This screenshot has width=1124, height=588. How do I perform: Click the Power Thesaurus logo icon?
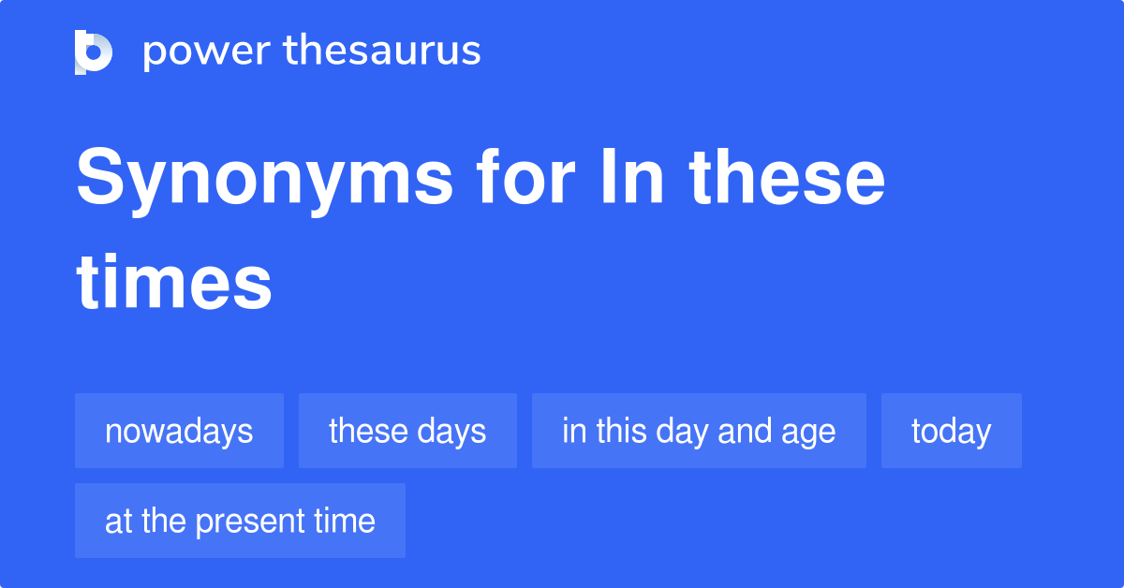point(94,51)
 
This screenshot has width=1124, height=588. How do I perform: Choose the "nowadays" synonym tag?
point(179,431)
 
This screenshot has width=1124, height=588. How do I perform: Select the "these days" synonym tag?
point(407,431)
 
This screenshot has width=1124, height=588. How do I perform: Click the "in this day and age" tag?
point(699,431)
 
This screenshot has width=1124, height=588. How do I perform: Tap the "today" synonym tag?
point(951,431)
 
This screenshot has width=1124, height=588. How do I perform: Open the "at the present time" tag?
point(240,521)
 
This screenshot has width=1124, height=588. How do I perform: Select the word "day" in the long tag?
point(683,432)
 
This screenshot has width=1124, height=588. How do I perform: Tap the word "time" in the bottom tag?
point(346,521)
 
